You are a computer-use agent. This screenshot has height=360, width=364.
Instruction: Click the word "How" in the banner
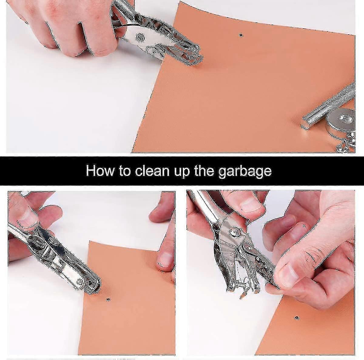(x=100, y=170)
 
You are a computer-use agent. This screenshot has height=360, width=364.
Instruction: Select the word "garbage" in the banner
(x=245, y=172)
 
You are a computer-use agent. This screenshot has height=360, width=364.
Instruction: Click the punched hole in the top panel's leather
(x=241, y=35)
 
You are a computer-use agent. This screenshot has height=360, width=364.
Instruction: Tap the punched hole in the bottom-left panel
(x=108, y=299)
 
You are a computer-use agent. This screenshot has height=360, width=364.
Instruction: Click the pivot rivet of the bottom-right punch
(x=234, y=232)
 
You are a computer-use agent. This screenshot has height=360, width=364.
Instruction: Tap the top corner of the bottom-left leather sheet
(x=89, y=241)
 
